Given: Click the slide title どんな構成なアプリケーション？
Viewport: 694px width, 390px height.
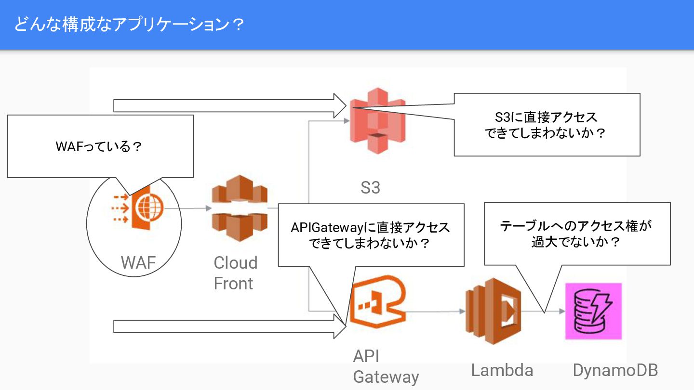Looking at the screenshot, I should coord(128,25).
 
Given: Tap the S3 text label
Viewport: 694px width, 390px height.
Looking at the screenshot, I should coord(370,188).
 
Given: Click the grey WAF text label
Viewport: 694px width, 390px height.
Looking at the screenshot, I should coord(138,262).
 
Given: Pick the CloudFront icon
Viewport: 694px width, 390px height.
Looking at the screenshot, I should coord(239,208).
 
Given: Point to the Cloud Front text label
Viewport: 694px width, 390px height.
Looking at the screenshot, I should coord(236,273).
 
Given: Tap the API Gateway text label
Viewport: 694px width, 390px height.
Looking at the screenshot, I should coord(386,366).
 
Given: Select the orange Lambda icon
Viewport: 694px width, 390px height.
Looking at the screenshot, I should coord(493,310).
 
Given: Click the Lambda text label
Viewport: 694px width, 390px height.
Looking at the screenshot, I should coord(502,370).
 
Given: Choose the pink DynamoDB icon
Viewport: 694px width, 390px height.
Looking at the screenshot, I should coord(593,311).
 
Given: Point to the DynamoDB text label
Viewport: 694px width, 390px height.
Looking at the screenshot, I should coord(615,370).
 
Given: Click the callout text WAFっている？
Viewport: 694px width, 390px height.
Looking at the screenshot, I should coord(99,146).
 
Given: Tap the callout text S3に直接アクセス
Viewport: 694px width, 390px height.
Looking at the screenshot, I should coord(546,117).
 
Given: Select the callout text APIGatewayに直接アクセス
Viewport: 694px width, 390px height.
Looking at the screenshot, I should coord(370,228).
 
